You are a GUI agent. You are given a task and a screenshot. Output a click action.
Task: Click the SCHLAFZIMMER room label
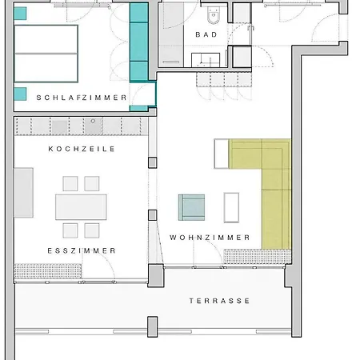tap(82, 98)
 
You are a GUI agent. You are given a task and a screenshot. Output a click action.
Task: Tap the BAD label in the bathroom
tap(206, 34)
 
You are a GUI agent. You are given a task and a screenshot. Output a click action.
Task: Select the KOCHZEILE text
tap(82, 149)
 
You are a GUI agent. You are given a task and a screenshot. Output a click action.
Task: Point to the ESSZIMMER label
tap(82, 250)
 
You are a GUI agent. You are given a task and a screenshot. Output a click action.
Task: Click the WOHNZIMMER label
tap(210, 238)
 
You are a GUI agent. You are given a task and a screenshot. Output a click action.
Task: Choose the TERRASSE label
tap(219, 301)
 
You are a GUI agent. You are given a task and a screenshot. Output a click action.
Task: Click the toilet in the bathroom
tap(214, 15)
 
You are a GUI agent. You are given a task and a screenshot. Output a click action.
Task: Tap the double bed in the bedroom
tap(46, 54)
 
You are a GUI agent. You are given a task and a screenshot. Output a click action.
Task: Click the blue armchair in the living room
tap(192, 207)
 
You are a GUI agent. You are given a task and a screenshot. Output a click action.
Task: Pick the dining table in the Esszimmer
tap(81, 207)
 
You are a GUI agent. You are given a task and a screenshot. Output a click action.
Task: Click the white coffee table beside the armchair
tap(231, 207)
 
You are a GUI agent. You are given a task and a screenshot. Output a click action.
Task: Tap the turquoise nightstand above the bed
tap(20, 14)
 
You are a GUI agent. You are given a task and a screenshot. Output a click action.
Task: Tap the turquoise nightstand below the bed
tap(20, 94)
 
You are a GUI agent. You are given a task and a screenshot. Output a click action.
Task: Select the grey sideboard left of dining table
tap(24, 193)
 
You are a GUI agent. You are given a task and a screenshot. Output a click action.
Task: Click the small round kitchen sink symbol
tap(93, 121)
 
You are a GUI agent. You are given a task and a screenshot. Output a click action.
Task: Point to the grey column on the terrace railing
tap(153, 326)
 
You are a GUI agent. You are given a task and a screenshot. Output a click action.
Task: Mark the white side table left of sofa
tap(222, 154)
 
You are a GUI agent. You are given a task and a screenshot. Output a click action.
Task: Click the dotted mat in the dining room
tap(48, 271)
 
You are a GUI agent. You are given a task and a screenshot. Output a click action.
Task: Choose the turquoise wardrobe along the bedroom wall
tap(139, 42)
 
